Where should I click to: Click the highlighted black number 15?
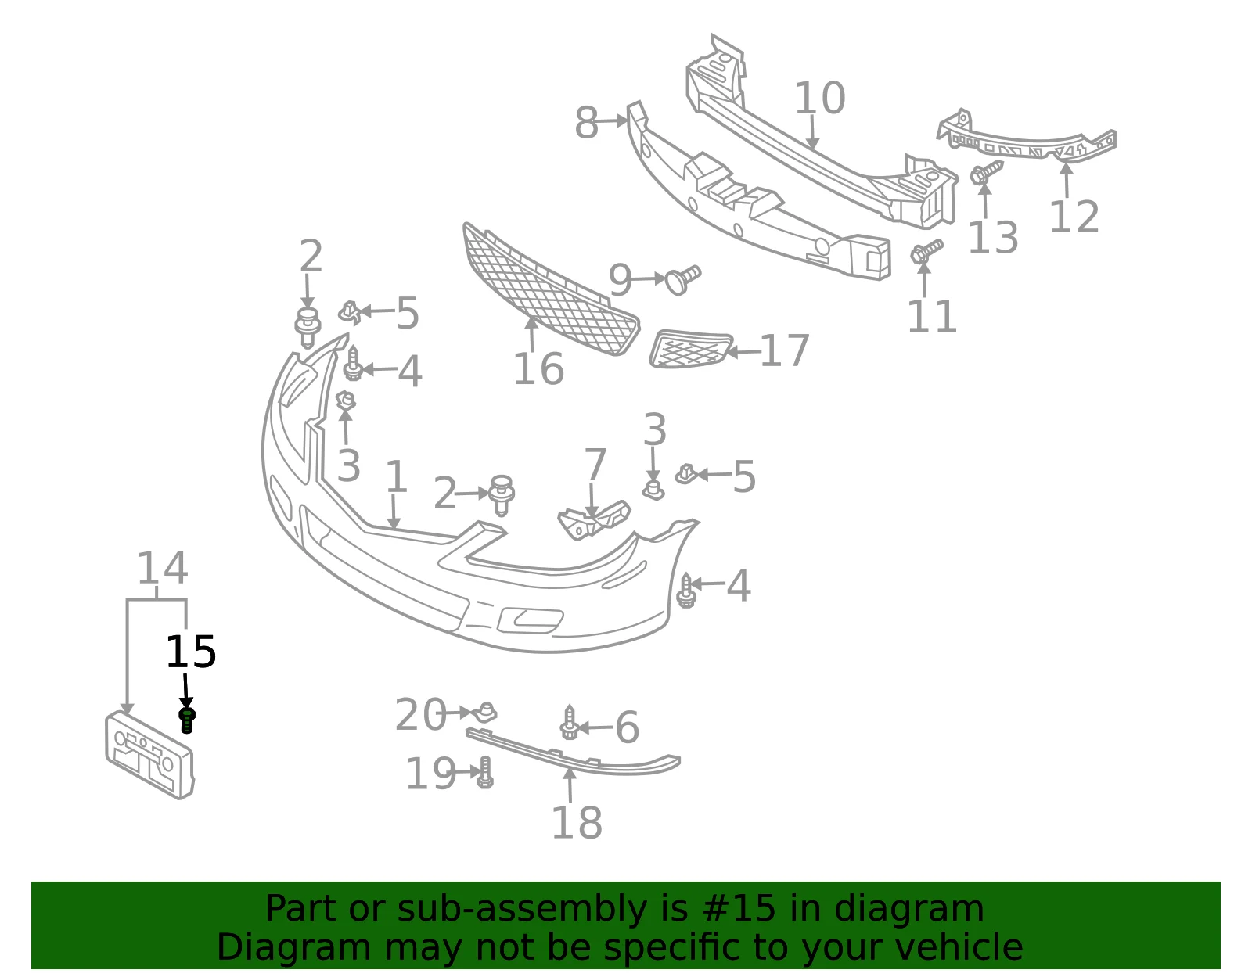tap(191, 652)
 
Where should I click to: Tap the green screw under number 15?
tap(187, 720)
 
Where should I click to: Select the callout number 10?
tap(820, 97)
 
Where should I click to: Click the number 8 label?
tap(587, 123)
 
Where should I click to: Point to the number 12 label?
tap(1074, 217)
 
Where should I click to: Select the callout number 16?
tap(538, 369)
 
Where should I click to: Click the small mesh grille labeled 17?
tap(691, 349)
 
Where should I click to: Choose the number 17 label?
tap(785, 350)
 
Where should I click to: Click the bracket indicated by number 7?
tap(593, 520)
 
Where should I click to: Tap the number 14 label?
tap(162, 568)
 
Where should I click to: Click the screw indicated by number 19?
tap(485, 772)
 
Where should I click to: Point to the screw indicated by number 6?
tap(569, 723)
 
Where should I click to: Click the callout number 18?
tap(577, 823)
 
